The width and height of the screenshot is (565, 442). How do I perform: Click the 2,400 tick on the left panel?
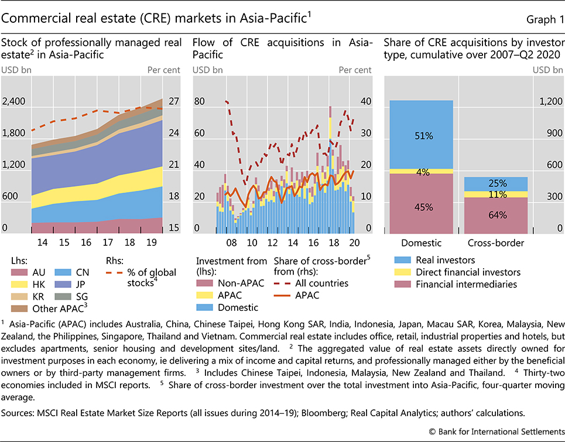[x=13, y=101]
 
